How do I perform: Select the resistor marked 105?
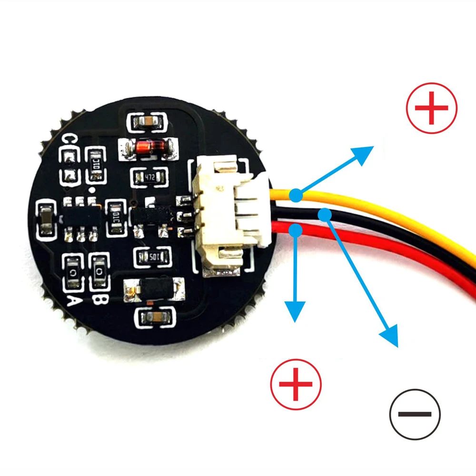[152, 258]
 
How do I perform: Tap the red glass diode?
[148, 148]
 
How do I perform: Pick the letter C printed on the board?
[70, 139]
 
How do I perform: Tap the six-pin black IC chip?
[81, 216]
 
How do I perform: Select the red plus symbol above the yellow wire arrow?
[432, 108]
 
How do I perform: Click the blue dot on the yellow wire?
[296, 195]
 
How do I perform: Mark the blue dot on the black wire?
[325, 215]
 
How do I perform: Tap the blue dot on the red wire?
[296, 230]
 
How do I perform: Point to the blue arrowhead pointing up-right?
[364, 154]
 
